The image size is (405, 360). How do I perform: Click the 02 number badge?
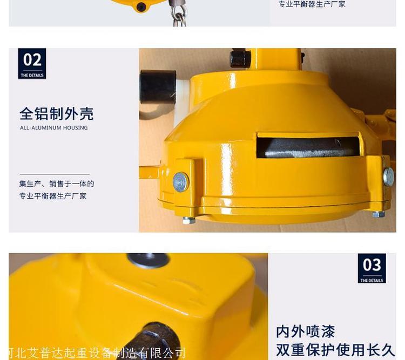pos(32,64)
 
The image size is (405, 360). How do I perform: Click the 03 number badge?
pos(372,268)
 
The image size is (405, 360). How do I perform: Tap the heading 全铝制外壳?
pos(57,114)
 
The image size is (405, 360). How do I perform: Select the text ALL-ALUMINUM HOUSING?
pos(54,127)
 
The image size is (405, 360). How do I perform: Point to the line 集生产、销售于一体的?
pos(57,184)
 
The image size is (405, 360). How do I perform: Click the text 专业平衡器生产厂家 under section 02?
pos(53,196)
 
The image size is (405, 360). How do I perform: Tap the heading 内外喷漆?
pos(306,331)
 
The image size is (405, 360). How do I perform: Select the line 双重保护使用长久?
pos(335,350)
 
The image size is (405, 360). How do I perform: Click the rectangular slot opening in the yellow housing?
pos(308,146)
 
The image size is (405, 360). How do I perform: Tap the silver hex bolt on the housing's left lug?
pos(181,182)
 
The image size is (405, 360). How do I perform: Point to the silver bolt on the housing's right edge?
pos(389,176)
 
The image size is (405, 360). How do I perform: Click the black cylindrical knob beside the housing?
pos(158,87)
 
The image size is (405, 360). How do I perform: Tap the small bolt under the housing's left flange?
pos(189,220)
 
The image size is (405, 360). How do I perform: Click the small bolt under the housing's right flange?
pos(379,214)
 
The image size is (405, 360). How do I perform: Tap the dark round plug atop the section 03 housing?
pos(148,260)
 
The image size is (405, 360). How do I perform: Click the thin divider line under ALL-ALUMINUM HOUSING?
pos(55,174)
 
